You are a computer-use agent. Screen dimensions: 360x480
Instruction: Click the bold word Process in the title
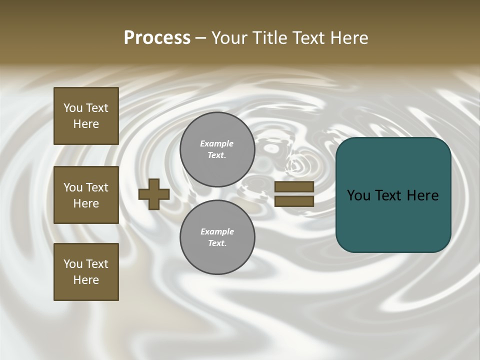[x=157, y=38]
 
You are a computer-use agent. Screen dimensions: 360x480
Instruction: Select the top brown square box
[x=86, y=116]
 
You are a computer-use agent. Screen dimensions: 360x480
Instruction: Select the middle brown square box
[x=86, y=195]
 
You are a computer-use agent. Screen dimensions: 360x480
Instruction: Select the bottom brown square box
[x=86, y=272]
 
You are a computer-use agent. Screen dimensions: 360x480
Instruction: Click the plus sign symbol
[x=154, y=194]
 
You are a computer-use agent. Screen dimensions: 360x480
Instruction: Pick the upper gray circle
[x=217, y=149]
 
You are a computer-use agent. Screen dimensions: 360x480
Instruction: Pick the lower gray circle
[x=217, y=237]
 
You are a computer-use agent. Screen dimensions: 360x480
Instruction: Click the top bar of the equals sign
[x=294, y=186]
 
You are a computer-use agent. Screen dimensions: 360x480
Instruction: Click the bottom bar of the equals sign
[x=294, y=201]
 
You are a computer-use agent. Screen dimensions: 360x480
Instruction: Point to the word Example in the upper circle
[x=217, y=143]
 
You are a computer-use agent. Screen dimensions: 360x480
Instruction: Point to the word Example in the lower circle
[x=217, y=231]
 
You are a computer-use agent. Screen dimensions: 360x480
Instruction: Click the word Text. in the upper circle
[x=217, y=155]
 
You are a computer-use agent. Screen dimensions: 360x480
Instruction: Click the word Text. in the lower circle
[x=217, y=243]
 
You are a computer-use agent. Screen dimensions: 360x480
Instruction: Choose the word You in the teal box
[x=358, y=195]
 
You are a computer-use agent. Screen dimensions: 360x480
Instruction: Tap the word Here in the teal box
[x=422, y=195]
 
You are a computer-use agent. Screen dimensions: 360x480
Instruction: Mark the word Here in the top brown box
[x=86, y=124]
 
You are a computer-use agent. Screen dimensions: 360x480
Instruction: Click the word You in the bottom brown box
[x=73, y=264]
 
